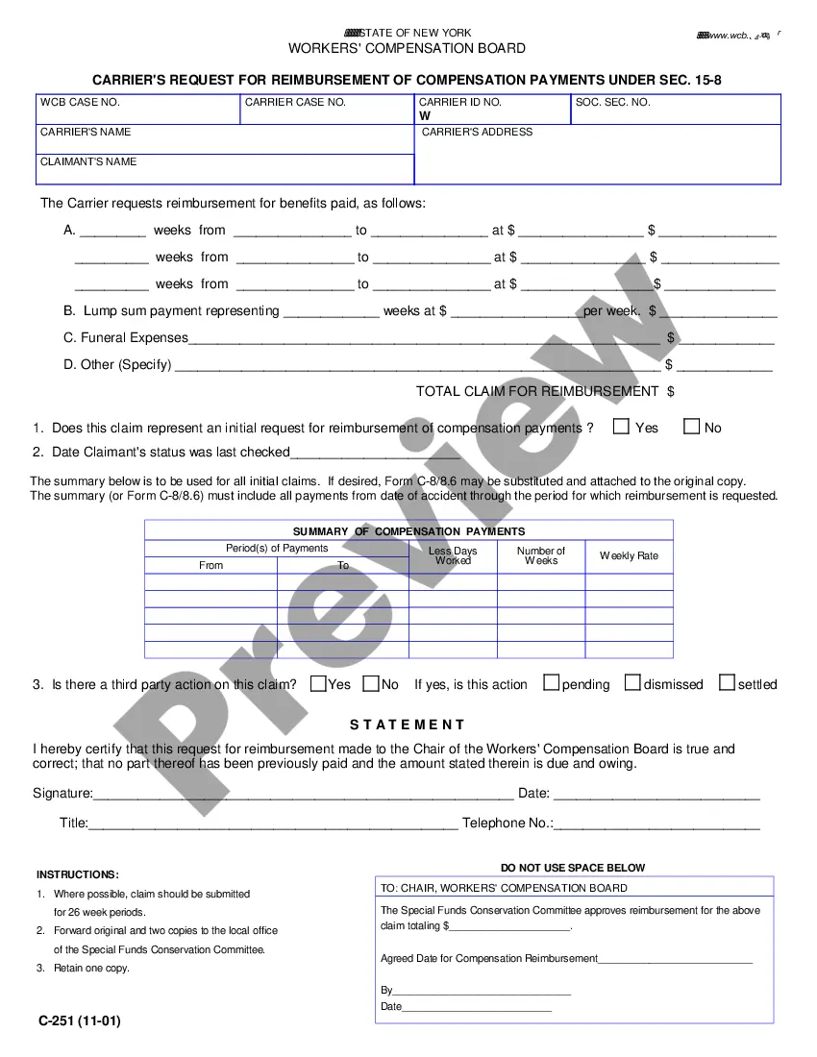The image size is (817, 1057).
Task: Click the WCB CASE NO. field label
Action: point(80,102)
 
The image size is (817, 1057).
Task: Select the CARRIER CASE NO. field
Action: point(327,113)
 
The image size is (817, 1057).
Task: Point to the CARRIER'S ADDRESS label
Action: point(477,132)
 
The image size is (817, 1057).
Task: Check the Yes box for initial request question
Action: point(622,427)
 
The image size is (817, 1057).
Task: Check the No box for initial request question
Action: point(691,427)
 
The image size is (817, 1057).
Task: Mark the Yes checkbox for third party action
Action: point(318,683)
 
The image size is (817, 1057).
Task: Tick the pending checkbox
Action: point(551,683)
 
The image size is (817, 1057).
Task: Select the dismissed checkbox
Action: point(632,683)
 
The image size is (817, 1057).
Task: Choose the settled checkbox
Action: point(727,683)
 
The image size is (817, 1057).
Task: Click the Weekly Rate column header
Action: point(629,555)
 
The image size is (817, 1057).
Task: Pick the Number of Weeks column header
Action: point(541,555)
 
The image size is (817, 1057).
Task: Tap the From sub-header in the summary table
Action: point(210,565)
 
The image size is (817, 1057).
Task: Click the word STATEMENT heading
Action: point(407,725)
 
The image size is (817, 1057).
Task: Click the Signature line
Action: point(303,795)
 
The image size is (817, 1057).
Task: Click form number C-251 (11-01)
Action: point(80,1020)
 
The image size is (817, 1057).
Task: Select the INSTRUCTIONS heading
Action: point(78,874)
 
